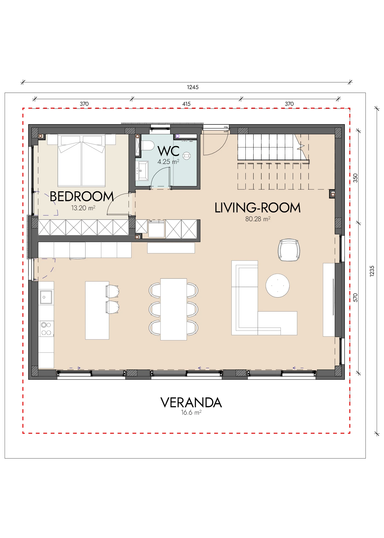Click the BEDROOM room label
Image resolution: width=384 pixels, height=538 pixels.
tap(82, 197)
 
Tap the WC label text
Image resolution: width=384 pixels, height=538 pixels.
tap(168, 151)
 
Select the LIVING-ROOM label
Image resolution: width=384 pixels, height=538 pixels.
tap(257, 208)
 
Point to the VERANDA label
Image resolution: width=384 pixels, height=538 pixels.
tap(191, 403)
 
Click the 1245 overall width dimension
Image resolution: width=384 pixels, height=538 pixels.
tap(193, 87)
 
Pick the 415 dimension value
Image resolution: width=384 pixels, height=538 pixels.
tap(187, 104)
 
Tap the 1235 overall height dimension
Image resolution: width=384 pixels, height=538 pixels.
tap(372, 271)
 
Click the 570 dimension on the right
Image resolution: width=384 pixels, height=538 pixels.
tap(356, 298)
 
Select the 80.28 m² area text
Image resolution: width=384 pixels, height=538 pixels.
tap(258, 219)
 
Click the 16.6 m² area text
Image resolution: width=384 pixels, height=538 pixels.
tap(191, 412)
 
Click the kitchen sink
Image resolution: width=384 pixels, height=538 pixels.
tap(46, 297)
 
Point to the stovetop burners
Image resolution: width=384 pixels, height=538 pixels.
tap(46, 329)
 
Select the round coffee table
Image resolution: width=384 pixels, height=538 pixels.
tap(277, 286)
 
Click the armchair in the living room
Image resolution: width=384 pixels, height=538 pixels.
tap(289, 250)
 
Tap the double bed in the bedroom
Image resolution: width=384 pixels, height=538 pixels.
tap(81, 161)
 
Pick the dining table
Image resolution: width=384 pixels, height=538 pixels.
tap(174, 309)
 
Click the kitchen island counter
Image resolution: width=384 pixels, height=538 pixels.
tap(97, 311)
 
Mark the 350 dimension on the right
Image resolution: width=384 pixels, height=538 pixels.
tap(356, 178)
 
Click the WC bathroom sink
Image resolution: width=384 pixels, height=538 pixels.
tap(142, 171)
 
